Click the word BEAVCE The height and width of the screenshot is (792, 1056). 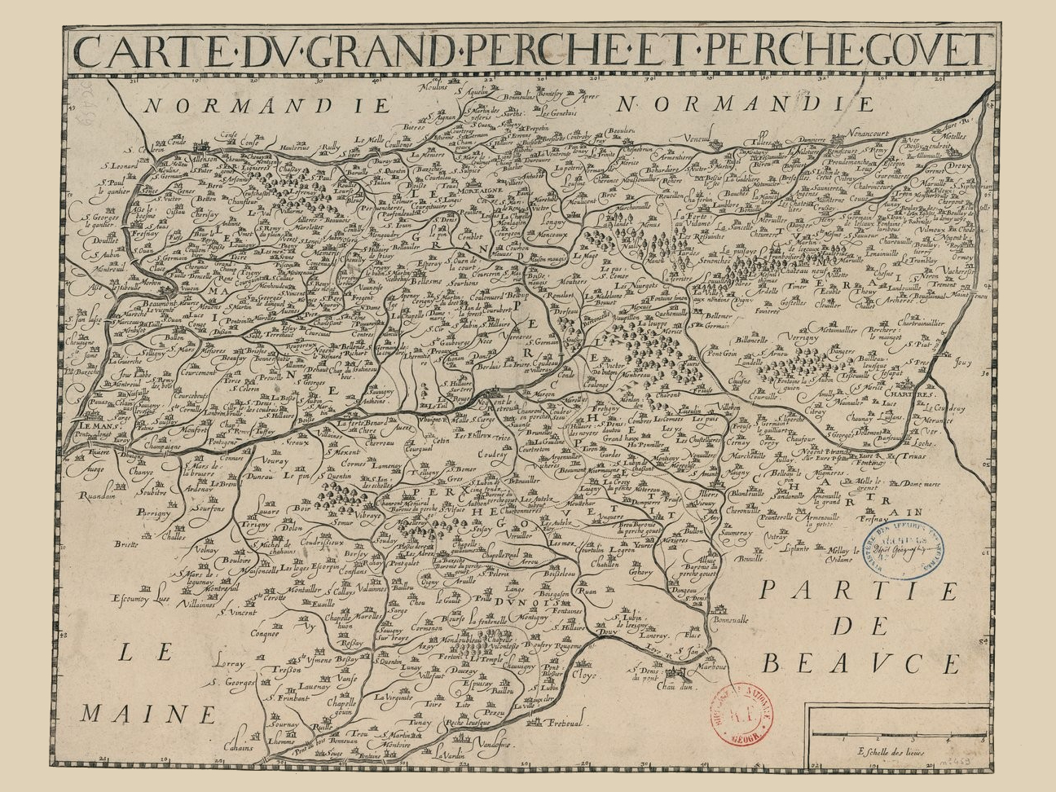[860, 663]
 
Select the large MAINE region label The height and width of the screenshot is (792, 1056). [147, 713]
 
